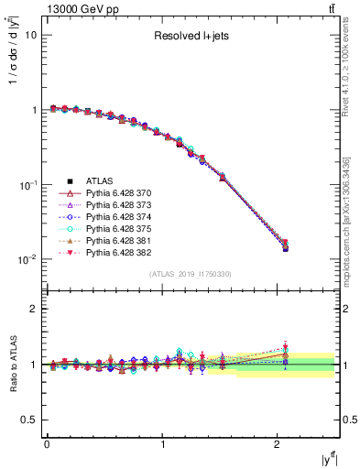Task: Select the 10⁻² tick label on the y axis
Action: pos(27,260)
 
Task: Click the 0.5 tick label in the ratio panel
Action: pos(29,420)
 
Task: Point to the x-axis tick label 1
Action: pos(163,444)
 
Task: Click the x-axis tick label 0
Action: pos(47,444)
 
